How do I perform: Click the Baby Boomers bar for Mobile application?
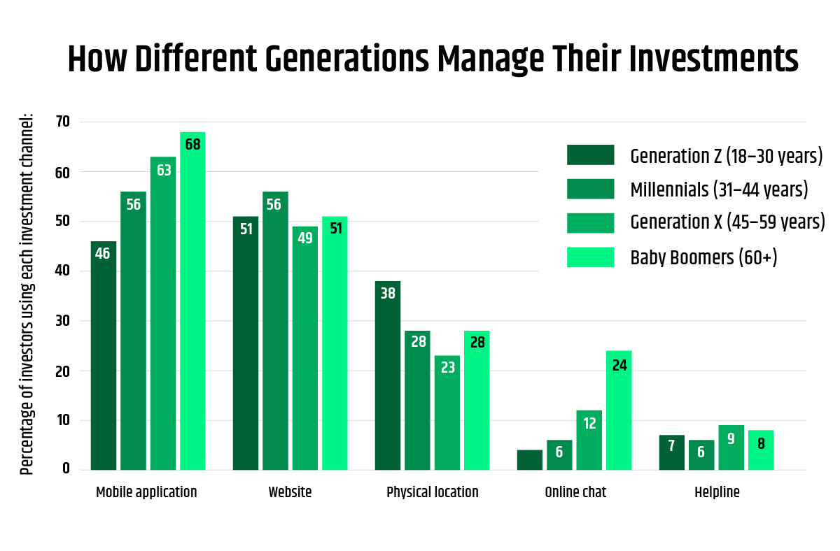coord(192,301)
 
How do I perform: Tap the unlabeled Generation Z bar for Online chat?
coord(530,459)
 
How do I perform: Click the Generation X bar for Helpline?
coord(731,448)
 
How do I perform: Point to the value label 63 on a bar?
coord(163,170)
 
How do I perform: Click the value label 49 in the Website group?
coord(305,238)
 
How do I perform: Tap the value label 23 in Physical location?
coord(447,367)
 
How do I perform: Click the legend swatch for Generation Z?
coord(590,155)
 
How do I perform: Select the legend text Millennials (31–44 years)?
coord(719,189)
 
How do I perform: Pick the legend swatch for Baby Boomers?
coord(590,257)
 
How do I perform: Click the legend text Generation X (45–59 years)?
coord(727,223)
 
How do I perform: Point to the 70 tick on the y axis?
coord(64,122)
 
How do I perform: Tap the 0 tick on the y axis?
coord(66,469)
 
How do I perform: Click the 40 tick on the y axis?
coord(64,271)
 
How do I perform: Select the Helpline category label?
coord(717,492)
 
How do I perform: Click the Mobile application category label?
coord(146,492)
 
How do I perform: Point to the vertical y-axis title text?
coord(27,294)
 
